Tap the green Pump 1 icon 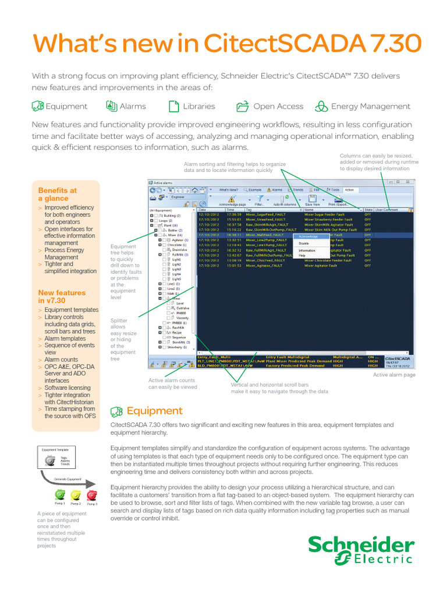click(59, 494)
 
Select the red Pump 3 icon click(91, 494)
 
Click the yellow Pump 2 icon click(76, 494)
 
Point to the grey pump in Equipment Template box click(49, 460)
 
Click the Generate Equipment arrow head click(92, 483)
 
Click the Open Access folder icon click(243, 106)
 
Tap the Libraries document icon click(173, 106)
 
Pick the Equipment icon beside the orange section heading click(116, 411)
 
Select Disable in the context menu click(304, 243)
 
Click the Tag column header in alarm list click(249, 209)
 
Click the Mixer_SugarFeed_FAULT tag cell click(265, 214)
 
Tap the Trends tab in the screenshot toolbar click(296, 189)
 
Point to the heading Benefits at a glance click(57, 194)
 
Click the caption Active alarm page click(394, 375)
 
